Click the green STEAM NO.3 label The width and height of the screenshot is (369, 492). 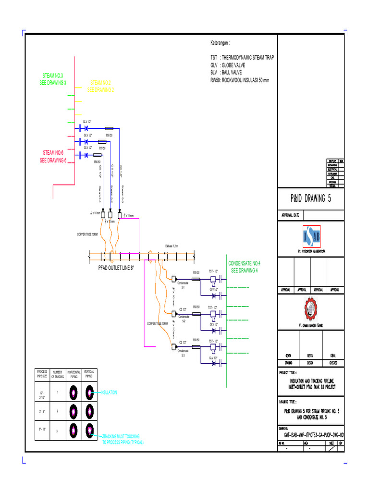[x=53, y=79]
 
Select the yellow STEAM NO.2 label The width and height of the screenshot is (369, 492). [x=100, y=86]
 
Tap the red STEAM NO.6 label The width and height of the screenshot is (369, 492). [x=53, y=157]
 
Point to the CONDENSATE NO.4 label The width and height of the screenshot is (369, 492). [x=244, y=267]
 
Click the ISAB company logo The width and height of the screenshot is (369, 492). [x=311, y=235]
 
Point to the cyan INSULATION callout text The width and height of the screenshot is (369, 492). [x=109, y=393]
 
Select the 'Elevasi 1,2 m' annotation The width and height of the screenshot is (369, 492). [x=172, y=246]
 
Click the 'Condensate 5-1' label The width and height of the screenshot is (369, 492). [x=183, y=285]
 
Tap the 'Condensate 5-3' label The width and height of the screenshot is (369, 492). [x=183, y=353]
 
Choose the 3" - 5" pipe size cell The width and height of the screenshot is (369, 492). [x=42, y=411]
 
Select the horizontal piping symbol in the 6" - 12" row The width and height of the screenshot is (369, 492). [x=73, y=430]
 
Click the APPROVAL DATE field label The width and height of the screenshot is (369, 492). [x=291, y=215]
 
